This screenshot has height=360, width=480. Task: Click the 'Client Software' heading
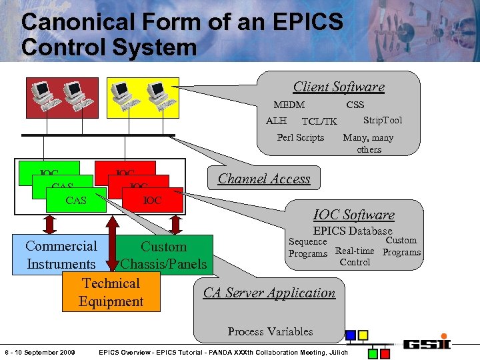339,87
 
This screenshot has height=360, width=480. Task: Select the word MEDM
289,105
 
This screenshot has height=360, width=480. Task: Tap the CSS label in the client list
355,105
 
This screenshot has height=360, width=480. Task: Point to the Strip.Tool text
382,120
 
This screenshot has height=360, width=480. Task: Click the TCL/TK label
319,121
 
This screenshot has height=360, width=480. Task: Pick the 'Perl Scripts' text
300,137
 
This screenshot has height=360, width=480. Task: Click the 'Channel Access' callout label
264,179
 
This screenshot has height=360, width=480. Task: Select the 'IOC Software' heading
353,215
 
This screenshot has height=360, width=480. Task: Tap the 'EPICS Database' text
353,231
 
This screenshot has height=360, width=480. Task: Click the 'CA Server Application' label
269,293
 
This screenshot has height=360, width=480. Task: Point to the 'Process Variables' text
270,331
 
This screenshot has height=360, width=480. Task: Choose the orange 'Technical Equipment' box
111,292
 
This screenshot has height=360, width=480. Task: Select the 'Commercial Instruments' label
61,255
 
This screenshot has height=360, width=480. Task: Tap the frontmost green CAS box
76,200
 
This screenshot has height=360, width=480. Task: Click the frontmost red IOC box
153,200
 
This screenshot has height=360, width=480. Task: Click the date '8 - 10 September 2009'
39,352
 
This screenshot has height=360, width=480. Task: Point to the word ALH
276,121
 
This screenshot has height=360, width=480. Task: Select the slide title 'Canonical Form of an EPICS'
181,22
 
